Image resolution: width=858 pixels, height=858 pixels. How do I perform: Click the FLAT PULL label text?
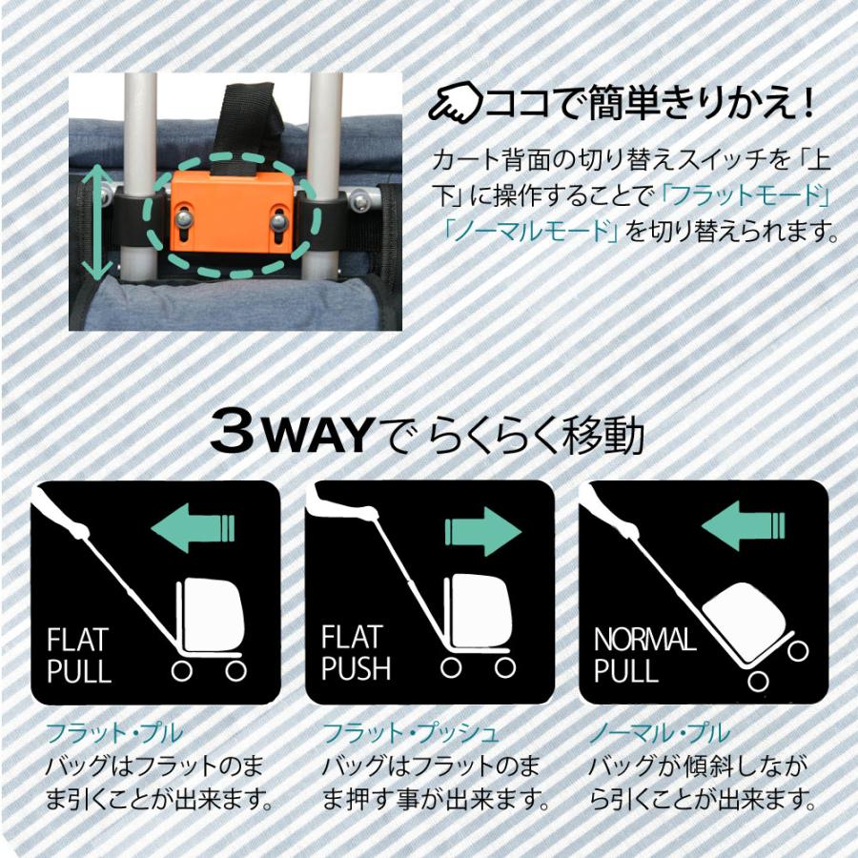78,653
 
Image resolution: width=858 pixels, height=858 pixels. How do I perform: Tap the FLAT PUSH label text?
356,653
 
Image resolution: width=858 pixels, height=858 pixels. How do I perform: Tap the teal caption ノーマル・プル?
658,733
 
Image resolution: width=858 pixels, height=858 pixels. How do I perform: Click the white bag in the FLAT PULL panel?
213,611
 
